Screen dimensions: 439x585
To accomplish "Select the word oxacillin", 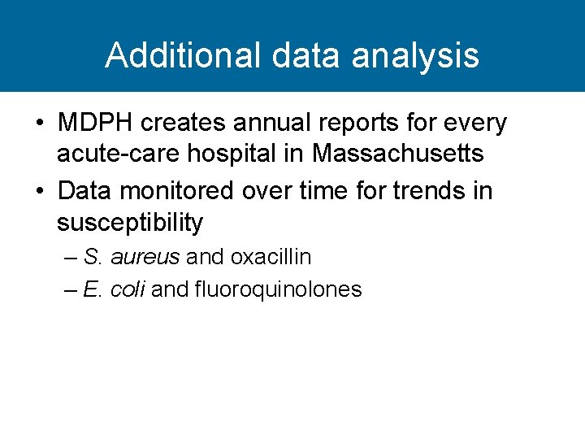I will click(271, 258).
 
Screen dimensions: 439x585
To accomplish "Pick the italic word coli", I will click(128, 289).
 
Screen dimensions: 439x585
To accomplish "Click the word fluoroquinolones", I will click(278, 289).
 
